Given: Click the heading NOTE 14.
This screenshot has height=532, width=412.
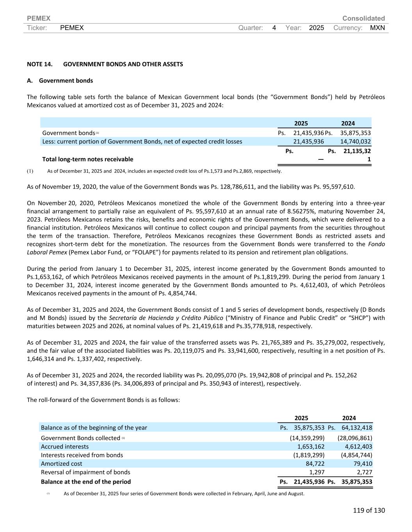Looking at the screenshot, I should point(39,64).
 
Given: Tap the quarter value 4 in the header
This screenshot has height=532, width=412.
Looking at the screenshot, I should point(274,28).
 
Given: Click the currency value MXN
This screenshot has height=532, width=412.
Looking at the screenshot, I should point(377,28).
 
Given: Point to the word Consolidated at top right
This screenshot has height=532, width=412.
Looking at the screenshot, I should point(363,18).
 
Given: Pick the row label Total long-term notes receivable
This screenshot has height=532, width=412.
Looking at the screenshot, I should point(87,159).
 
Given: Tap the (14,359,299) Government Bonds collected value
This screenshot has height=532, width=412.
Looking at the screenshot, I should point(307,438).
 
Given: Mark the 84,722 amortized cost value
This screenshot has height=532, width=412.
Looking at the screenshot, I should point(315,464).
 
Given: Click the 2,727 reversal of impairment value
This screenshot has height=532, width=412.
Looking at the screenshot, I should point(364,472).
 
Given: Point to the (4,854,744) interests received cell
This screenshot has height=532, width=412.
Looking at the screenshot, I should point(355,455).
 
